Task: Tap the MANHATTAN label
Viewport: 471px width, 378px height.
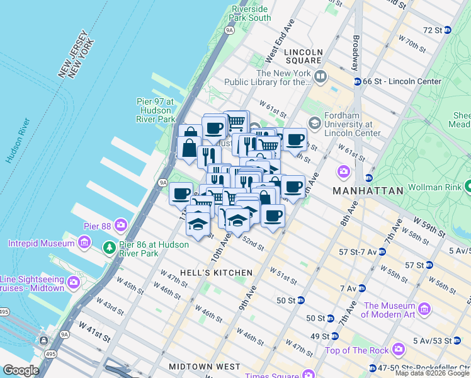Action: (x=368, y=190)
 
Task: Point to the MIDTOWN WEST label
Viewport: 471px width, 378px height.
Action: (x=204, y=366)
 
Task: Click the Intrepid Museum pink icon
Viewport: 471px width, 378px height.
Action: (x=84, y=243)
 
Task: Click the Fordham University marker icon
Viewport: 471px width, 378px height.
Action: (x=313, y=122)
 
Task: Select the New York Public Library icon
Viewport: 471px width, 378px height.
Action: (x=321, y=77)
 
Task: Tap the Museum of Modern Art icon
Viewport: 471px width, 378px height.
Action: (x=424, y=309)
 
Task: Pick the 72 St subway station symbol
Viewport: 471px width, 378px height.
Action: (x=447, y=30)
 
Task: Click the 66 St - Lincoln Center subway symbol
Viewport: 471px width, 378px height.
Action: (x=357, y=81)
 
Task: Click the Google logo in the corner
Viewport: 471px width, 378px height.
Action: (x=20, y=370)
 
